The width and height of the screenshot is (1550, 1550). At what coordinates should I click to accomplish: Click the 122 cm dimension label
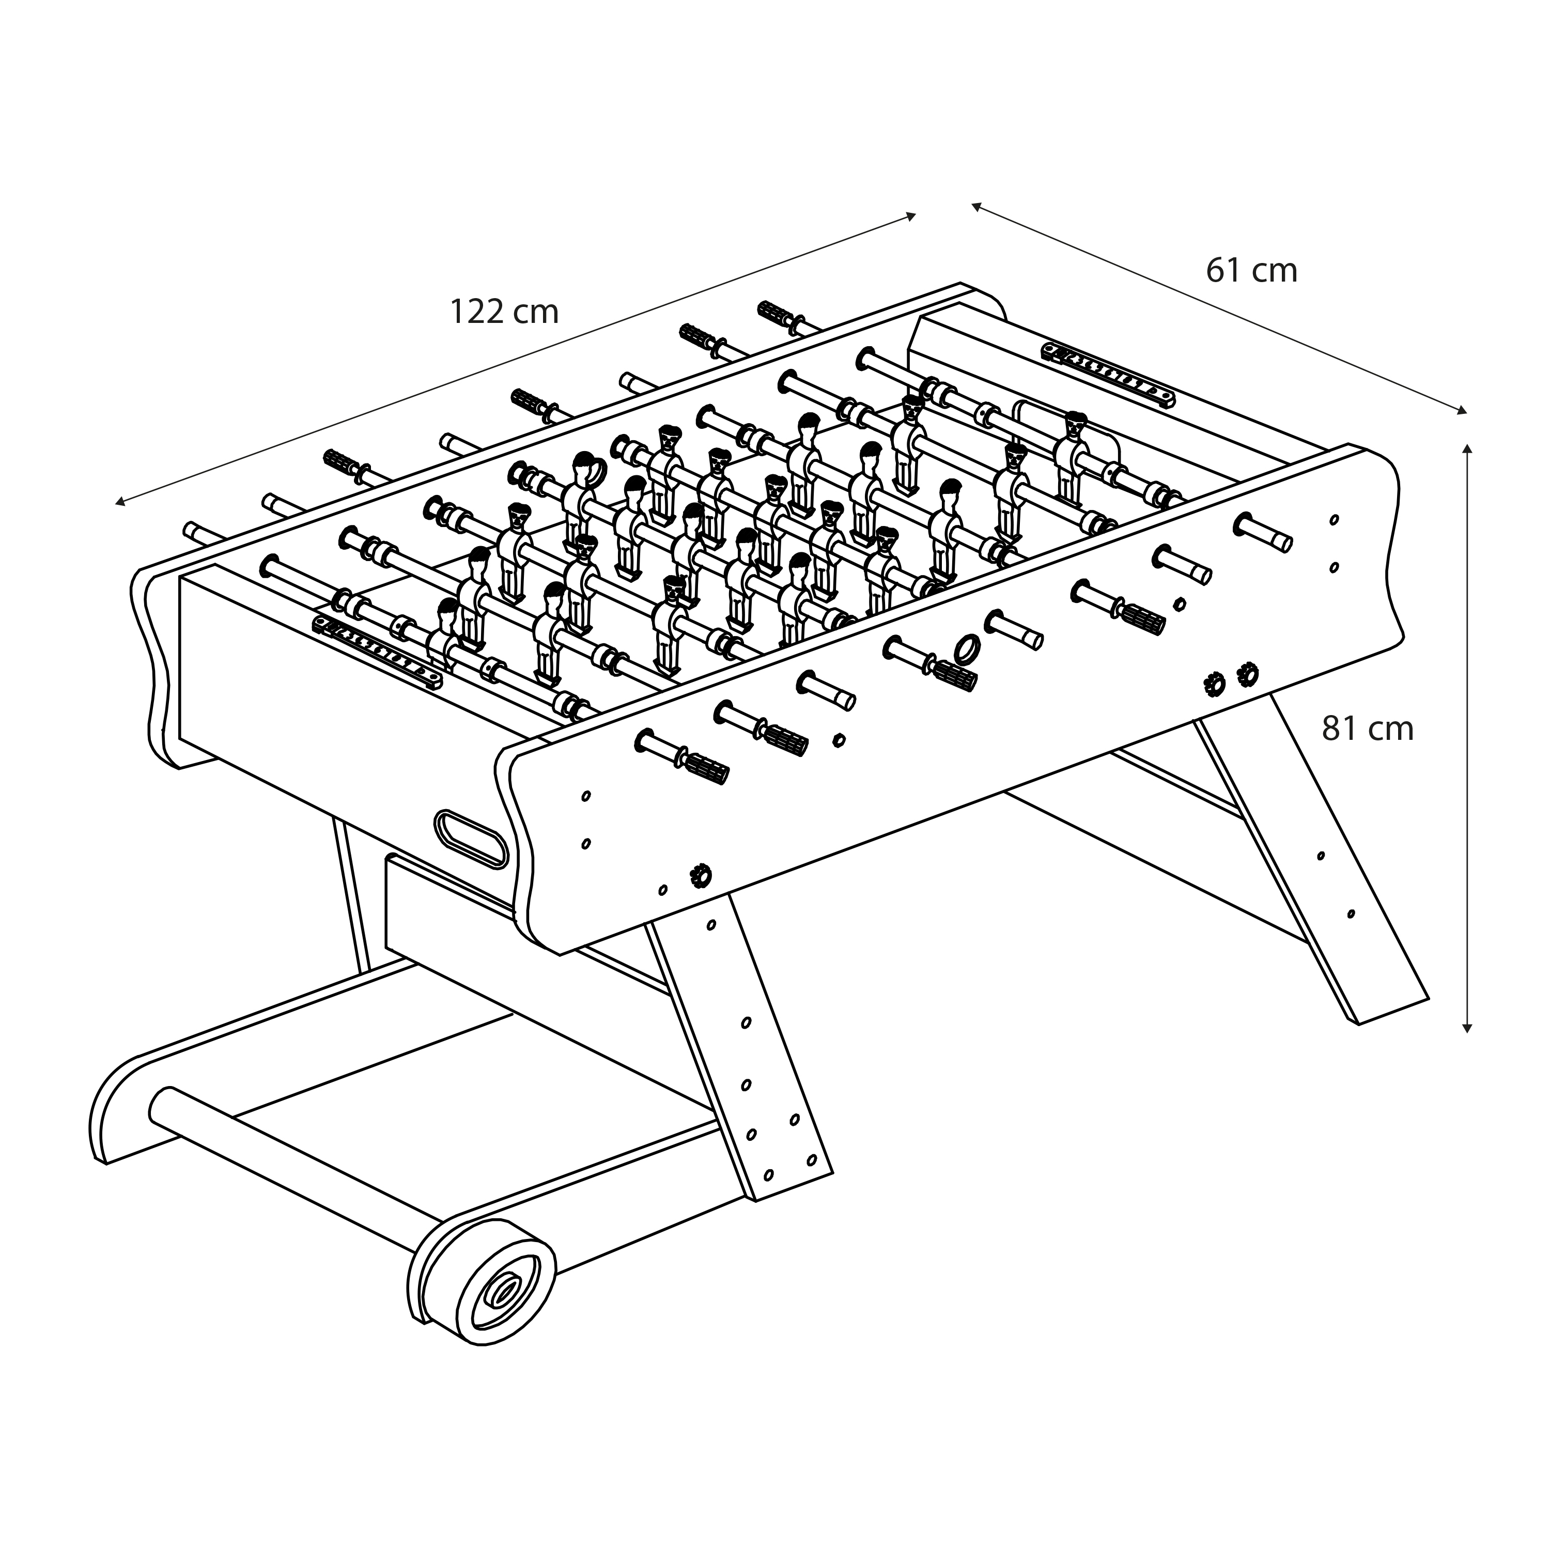(504, 312)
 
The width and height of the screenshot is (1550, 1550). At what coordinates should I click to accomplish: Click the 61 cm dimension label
(1251, 270)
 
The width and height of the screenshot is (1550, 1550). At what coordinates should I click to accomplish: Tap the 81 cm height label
(1367, 729)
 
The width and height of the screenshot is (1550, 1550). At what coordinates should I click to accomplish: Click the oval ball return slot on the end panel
(473, 839)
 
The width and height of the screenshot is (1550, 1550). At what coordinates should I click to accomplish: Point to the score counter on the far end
(1108, 374)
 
